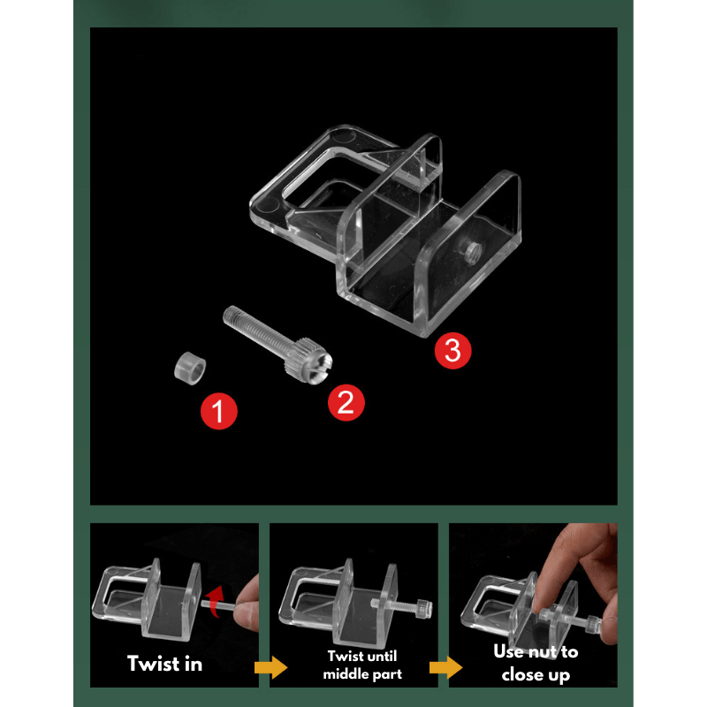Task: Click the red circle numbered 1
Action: tap(218, 411)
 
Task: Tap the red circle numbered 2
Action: tap(346, 402)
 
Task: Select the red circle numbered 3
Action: tap(452, 350)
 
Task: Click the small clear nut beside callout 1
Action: tap(190, 369)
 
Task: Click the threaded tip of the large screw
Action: tap(230, 314)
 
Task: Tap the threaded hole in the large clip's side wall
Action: tap(473, 252)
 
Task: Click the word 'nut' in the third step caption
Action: tap(543, 652)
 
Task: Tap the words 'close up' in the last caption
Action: tap(536, 675)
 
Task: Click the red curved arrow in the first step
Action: tap(216, 600)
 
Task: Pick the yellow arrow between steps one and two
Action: tap(271, 667)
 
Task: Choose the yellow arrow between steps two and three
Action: tap(446, 667)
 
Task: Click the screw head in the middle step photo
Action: tap(423, 608)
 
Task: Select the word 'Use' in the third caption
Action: tap(509, 651)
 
